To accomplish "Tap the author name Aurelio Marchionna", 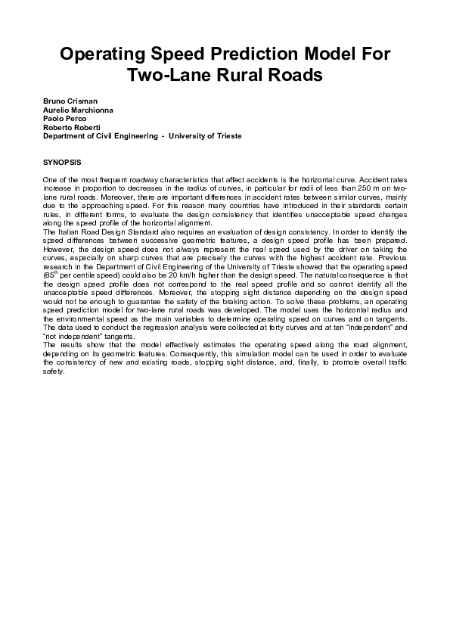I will pos(78,110).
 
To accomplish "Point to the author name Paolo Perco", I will pos(65,119).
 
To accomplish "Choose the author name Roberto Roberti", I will pos(72,127).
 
